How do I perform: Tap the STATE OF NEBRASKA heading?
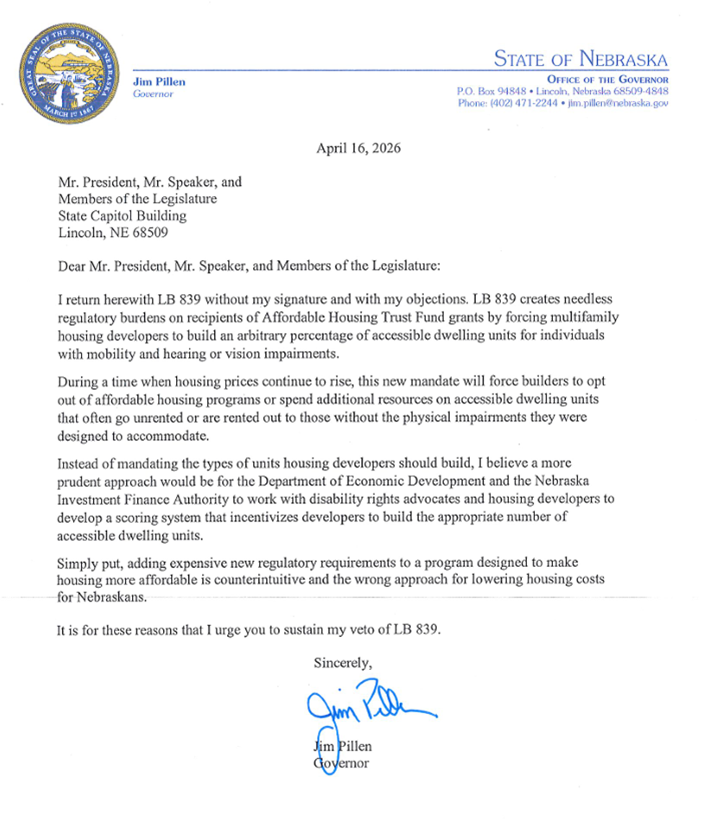pos(580,59)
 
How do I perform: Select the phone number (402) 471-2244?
pos(518,103)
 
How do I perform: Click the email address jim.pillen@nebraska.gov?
pos(618,103)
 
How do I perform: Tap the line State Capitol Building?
pos(122,215)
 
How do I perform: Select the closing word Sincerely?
pos(342,662)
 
